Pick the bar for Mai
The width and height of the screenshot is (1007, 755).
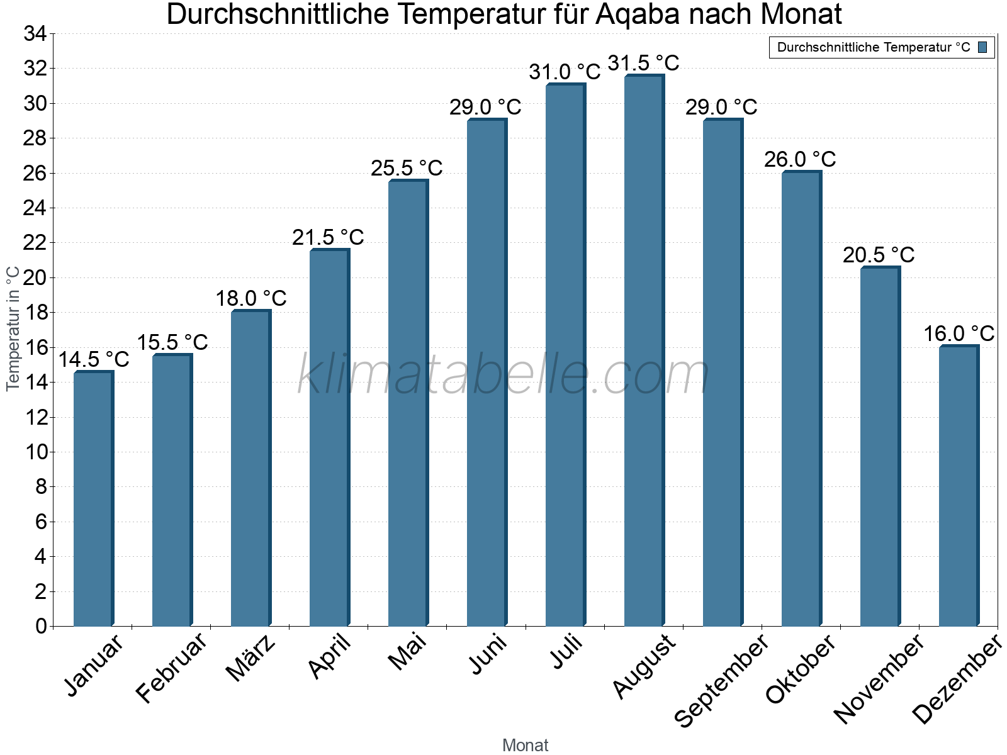click(408, 403)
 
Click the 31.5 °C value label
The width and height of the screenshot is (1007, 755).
click(643, 63)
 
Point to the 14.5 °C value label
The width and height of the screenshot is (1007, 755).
click(94, 359)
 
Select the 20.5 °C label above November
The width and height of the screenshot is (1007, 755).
click(879, 255)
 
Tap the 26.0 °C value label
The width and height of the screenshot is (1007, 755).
click(800, 159)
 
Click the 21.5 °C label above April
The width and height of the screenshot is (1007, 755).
click(328, 237)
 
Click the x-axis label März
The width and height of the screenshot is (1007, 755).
click(250, 657)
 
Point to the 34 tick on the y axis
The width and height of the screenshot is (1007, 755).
click(35, 34)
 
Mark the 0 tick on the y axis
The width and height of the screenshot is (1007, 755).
click(41, 626)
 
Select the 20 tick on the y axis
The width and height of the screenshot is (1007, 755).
click(35, 277)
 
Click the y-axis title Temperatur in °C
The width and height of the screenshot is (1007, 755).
click(13, 328)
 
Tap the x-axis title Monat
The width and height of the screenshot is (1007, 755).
click(526, 745)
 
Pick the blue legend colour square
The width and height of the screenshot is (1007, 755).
click(982, 47)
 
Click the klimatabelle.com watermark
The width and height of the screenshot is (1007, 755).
click(503, 374)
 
